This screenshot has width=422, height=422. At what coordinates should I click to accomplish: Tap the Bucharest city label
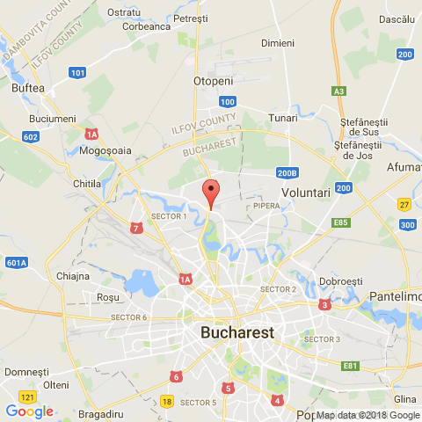237,333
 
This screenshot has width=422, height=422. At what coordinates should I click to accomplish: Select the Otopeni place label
211,80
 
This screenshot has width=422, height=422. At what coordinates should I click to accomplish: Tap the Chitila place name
87,184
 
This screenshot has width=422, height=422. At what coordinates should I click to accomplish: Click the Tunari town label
283,117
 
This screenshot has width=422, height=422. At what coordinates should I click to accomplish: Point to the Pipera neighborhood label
266,206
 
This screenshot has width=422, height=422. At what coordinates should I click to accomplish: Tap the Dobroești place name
341,280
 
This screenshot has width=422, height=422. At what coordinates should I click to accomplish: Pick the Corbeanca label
147,26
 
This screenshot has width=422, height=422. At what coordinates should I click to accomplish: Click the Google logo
29,411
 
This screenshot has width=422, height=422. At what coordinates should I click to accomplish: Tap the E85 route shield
341,223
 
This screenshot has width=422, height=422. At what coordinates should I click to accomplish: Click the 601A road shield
17,262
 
